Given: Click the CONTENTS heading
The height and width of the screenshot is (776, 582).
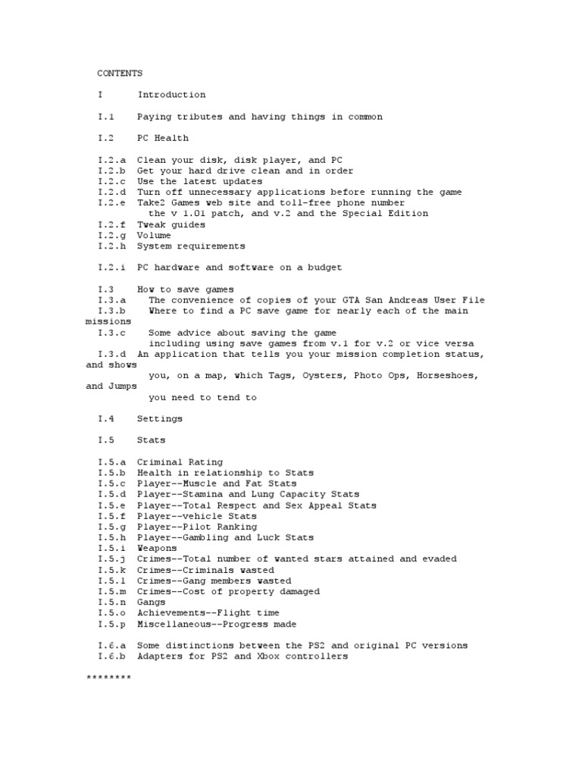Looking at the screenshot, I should (x=120, y=74).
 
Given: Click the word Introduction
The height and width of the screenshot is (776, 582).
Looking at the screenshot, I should (x=171, y=95).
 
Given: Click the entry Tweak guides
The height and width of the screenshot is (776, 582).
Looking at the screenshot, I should (x=171, y=225).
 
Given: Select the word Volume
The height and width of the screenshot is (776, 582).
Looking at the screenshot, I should (x=154, y=236).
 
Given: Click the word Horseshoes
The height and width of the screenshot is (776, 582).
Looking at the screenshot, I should (x=445, y=375).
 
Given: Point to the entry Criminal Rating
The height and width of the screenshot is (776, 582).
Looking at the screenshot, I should (x=180, y=462).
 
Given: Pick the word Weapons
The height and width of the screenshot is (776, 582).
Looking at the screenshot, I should (x=157, y=548).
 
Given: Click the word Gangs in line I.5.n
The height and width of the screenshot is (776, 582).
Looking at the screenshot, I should (x=151, y=602).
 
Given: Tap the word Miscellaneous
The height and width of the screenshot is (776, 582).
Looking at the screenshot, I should (x=171, y=624).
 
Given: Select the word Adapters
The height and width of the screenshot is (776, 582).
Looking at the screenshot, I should (x=159, y=656).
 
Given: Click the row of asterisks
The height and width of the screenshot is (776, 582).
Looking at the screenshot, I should (x=108, y=678).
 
